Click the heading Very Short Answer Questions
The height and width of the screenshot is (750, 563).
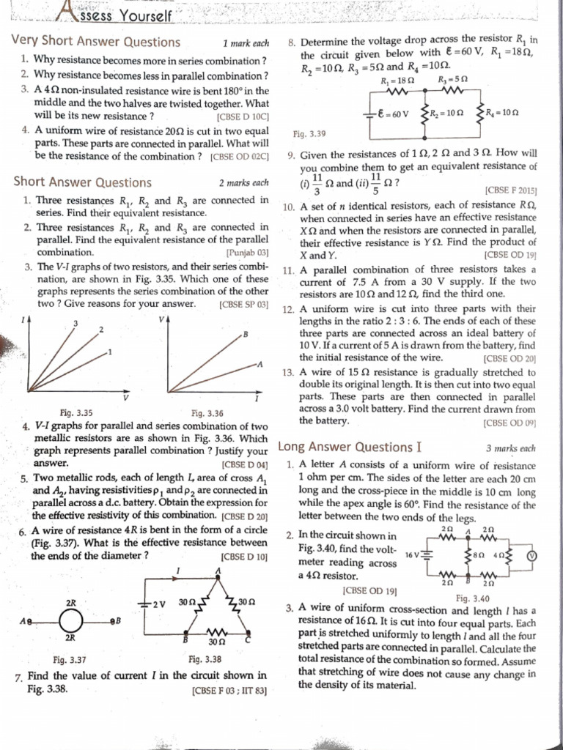(96, 42)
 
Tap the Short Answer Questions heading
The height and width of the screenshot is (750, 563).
(83, 182)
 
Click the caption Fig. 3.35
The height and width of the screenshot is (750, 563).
(76, 412)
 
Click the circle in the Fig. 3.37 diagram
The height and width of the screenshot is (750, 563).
(73, 621)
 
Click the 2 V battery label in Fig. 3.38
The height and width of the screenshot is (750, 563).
(157, 602)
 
